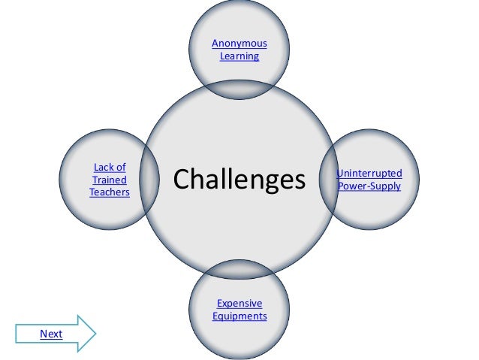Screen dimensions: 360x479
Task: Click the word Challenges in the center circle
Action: point(239,180)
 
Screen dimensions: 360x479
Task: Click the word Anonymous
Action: point(239,43)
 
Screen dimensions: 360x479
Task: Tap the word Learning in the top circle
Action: point(239,56)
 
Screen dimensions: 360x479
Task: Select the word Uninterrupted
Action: point(369,174)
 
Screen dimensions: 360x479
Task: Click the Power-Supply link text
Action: point(369,186)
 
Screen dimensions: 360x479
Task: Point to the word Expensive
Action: point(239,304)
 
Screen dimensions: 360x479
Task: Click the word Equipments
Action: point(239,316)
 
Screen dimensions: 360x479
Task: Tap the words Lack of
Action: point(109,167)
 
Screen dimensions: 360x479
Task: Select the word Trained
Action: point(109,180)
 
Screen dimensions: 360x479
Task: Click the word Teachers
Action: point(109,192)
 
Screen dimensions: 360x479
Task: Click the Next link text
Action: point(51,334)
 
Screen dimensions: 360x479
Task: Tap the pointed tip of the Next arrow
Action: point(95,333)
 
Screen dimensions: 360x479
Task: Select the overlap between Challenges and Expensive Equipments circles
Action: point(239,271)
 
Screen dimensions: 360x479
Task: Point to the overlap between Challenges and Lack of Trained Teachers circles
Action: point(149,180)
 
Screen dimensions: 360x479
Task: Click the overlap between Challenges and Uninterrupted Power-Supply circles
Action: point(330,180)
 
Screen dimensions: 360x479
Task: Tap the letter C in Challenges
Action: point(182,180)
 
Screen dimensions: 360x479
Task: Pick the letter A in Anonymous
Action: point(215,43)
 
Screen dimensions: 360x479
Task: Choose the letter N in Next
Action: point(43,334)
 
